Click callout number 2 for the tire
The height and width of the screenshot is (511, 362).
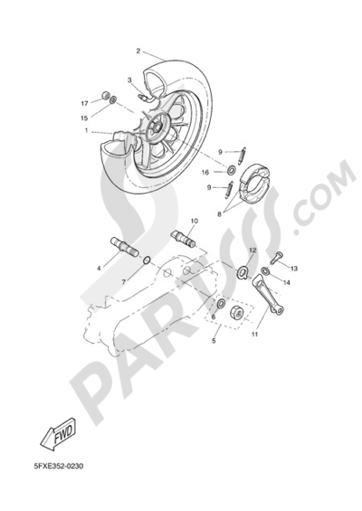click(x=138, y=52)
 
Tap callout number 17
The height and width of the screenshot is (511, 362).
click(x=85, y=104)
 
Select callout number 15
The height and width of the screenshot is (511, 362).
click(x=84, y=118)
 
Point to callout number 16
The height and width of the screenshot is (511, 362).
click(x=205, y=173)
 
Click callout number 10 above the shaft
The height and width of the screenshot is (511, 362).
click(x=194, y=221)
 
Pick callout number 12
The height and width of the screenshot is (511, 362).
click(x=253, y=251)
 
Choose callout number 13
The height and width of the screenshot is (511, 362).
click(x=294, y=269)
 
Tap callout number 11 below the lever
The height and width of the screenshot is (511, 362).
click(x=254, y=334)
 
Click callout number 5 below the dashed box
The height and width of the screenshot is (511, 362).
click(x=214, y=341)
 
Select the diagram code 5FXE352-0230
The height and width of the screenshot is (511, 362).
click(x=59, y=466)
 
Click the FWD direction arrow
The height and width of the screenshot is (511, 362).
click(x=58, y=435)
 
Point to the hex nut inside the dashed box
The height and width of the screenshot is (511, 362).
click(x=238, y=313)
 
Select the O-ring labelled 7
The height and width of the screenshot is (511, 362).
click(x=147, y=260)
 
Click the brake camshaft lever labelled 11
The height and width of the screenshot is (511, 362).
click(x=269, y=295)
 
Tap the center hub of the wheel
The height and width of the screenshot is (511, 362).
click(x=156, y=128)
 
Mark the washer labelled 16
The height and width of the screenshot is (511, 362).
click(x=232, y=170)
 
